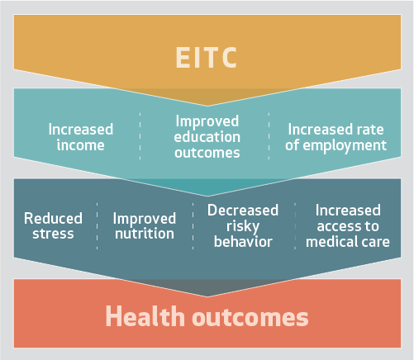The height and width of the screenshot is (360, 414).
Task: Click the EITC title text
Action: [207, 57]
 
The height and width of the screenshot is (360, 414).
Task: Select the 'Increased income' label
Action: [81, 137]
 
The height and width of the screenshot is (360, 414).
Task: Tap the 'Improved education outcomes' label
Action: [207, 137]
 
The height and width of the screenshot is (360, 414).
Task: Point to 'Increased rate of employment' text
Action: [335, 137]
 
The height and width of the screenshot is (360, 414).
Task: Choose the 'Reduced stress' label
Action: [53, 225]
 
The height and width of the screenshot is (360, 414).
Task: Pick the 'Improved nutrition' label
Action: [145, 225]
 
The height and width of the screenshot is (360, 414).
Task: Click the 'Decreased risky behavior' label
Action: [243, 225]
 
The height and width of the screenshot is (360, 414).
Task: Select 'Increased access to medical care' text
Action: [348, 225]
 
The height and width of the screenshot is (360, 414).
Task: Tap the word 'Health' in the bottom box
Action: [145, 316]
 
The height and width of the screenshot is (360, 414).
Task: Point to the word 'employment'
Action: [345, 145]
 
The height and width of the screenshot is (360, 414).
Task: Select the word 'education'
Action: [207, 137]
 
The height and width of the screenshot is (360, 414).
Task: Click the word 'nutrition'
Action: [145, 234]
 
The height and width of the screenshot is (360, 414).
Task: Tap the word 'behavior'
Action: [243, 241]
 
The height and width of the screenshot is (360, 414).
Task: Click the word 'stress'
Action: [53, 234]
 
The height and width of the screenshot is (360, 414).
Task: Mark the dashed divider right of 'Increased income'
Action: [140, 136]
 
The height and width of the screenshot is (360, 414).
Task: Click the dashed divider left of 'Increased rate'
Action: [269, 136]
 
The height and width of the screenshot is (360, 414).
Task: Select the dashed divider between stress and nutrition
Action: [97, 226]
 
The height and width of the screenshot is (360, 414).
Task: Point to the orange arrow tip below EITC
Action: [207, 106]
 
